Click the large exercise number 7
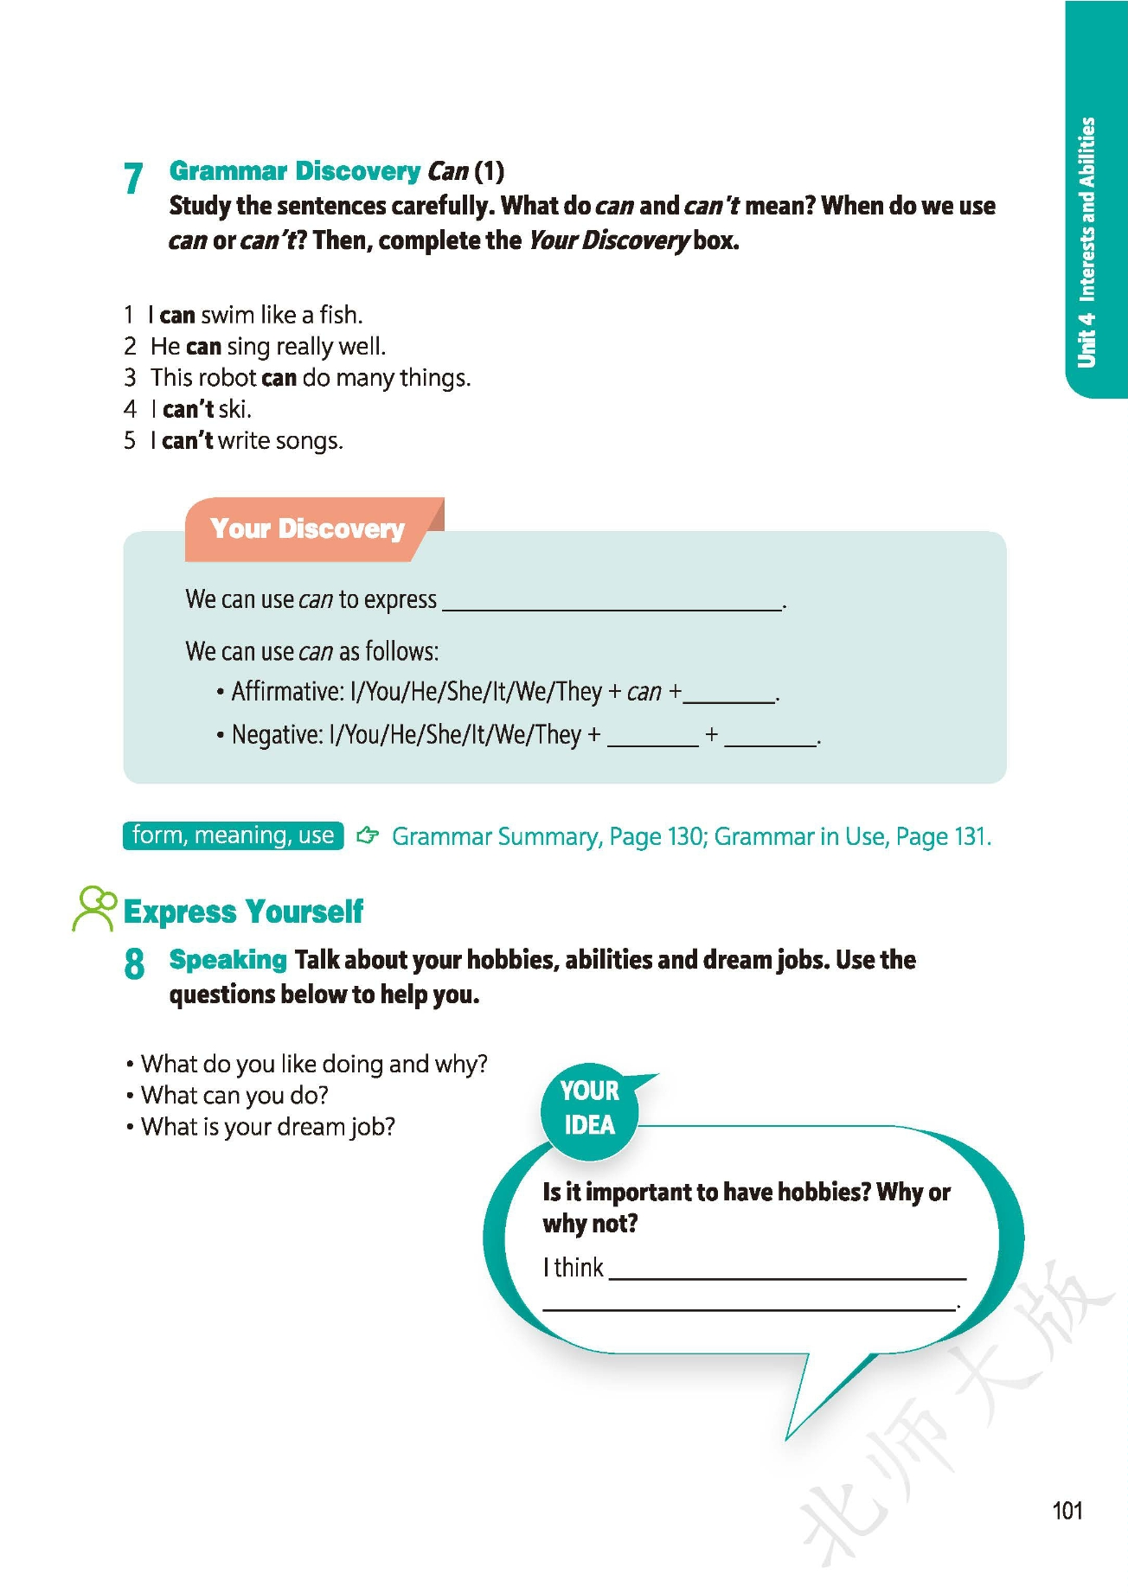click(133, 179)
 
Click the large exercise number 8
click(134, 963)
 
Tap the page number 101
click(1067, 1510)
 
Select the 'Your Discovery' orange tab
click(307, 528)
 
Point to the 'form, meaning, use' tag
click(233, 835)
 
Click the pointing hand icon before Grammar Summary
click(368, 835)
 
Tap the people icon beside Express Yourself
click(94, 907)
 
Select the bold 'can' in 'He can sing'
click(203, 347)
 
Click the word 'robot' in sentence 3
click(227, 378)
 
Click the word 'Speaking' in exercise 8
click(228, 959)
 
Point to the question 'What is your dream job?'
click(268, 1127)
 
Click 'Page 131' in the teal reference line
click(942, 836)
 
